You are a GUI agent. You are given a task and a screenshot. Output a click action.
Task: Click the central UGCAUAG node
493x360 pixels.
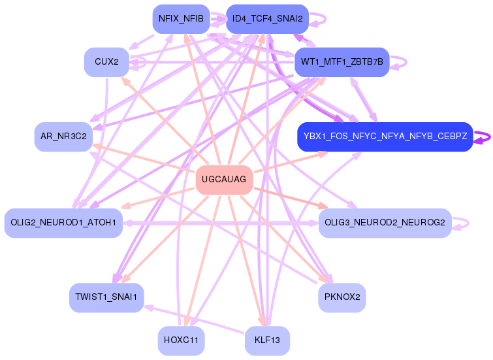[x=224, y=180]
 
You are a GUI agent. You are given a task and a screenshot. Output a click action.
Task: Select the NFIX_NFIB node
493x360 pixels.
[x=181, y=19]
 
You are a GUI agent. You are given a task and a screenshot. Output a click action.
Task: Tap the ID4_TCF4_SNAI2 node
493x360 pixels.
[x=267, y=19]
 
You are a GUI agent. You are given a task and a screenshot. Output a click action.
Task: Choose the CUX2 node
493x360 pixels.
[x=106, y=62]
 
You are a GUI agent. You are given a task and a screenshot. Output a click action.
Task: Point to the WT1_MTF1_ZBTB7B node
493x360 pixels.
[x=342, y=62]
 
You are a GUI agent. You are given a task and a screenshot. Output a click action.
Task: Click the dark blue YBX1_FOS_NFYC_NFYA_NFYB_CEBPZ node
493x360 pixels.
[x=385, y=137]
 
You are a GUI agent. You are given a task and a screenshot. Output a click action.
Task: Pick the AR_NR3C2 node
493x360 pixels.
[x=63, y=137]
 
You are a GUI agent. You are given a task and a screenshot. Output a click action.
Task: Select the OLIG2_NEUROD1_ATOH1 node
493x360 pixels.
[x=63, y=223]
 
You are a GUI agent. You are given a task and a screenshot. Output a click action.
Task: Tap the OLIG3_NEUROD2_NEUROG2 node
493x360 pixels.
[x=385, y=223]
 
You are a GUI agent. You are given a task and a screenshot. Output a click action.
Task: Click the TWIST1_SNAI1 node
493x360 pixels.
[x=106, y=297]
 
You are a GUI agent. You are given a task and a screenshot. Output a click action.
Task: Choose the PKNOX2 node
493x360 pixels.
[x=342, y=297]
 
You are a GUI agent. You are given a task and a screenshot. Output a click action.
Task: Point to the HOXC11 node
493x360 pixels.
[x=181, y=340]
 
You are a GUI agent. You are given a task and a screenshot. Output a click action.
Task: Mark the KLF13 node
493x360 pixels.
[x=267, y=340]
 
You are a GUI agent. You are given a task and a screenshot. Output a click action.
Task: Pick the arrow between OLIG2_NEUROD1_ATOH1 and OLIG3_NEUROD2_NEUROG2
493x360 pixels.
[x=221, y=223]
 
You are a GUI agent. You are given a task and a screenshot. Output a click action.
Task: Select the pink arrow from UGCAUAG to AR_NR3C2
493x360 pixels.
[x=144, y=158]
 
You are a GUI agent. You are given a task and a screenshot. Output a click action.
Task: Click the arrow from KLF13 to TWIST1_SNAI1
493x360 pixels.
[x=194, y=319]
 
